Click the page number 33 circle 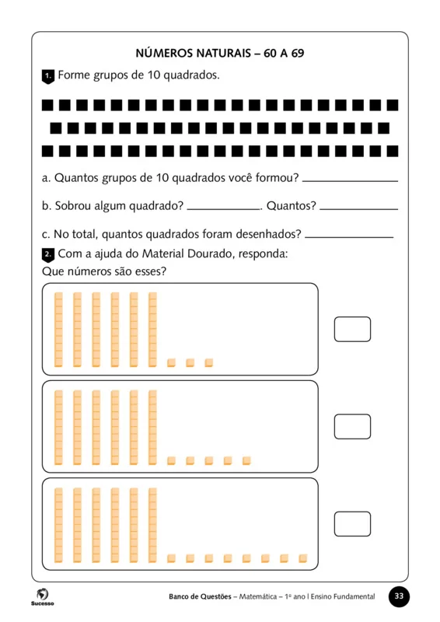pyautogui.click(x=399, y=596)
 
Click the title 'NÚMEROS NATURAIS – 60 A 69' pyautogui.click(x=220, y=54)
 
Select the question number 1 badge pyautogui.click(x=47, y=76)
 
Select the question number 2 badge pyautogui.click(x=47, y=254)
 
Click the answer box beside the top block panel pyautogui.click(x=352, y=329)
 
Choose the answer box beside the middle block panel pyautogui.click(x=352, y=426)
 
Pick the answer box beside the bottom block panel pyautogui.click(x=352, y=523)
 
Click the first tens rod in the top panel pyautogui.click(x=58, y=329)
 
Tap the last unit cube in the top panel pyautogui.click(x=208, y=362)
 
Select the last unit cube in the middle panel pyautogui.click(x=246, y=460)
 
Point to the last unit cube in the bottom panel pyautogui.click(x=303, y=557)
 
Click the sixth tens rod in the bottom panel pyautogui.click(x=152, y=523)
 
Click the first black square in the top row pyautogui.click(x=47, y=104)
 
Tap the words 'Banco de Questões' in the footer pyautogui.click(x=200, y=597)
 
